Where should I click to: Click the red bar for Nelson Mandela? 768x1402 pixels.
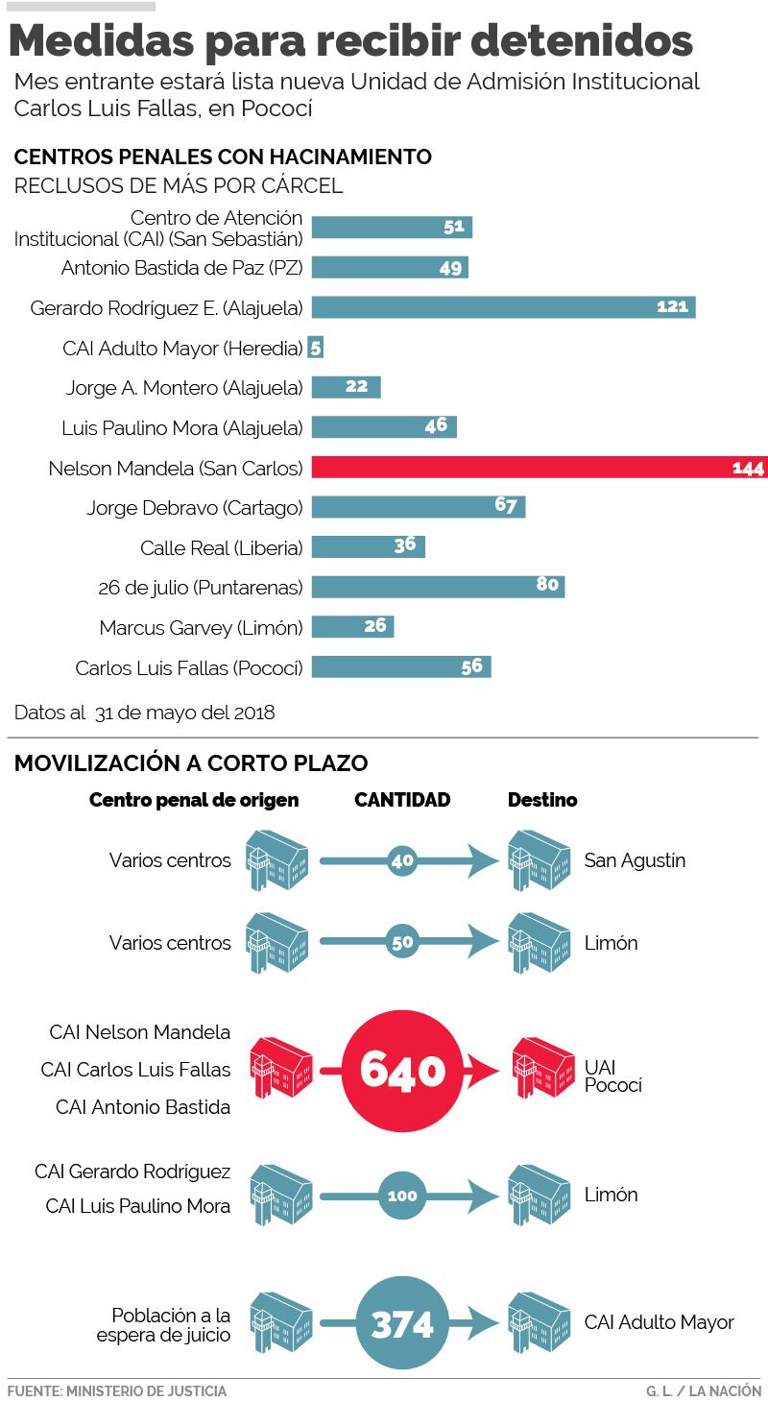coord(538,468)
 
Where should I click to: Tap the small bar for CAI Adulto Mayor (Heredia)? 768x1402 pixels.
coord(316,348)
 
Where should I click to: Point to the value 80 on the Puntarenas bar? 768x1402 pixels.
coord(547,584)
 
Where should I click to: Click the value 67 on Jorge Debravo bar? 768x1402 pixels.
coord(506,505)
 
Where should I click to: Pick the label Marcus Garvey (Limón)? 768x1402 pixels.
coord(201,628)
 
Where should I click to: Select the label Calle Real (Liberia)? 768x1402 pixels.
coord(221,548)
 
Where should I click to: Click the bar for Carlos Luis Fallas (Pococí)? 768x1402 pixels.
coord(400,667)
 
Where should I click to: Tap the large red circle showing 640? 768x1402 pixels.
coord(402,1070)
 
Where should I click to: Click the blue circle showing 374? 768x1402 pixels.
coord(402,1325)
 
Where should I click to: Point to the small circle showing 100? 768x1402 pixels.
coord(402,1196)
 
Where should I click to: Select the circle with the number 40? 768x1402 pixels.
coord(402,860)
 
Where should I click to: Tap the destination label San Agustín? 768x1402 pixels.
coord(635,860)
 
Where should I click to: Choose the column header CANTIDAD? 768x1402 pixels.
coord(402,800)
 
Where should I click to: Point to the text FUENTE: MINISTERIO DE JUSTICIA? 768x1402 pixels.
coord(116,1390)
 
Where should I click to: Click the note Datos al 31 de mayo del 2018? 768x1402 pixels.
coord(144,713)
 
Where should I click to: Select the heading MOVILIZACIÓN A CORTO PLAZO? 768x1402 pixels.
coord(190,763)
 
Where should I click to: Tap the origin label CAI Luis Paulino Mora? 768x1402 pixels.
coord(137,1206)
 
